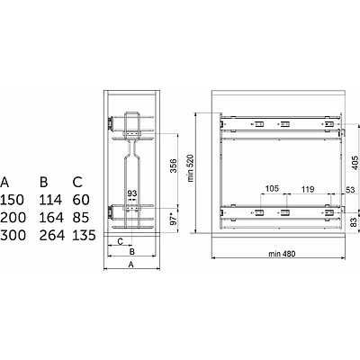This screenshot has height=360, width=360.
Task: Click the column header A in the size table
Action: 4,182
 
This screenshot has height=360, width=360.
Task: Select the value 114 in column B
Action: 50,200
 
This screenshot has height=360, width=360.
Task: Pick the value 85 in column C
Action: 81,218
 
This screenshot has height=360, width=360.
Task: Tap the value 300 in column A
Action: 13,235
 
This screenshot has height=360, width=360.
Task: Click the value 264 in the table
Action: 52,235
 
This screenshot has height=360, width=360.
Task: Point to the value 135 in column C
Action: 85,235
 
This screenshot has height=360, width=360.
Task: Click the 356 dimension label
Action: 174,166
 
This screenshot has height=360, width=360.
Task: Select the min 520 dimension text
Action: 191,168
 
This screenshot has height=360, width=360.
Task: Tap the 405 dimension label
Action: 355,163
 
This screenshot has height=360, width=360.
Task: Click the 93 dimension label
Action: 132,193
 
